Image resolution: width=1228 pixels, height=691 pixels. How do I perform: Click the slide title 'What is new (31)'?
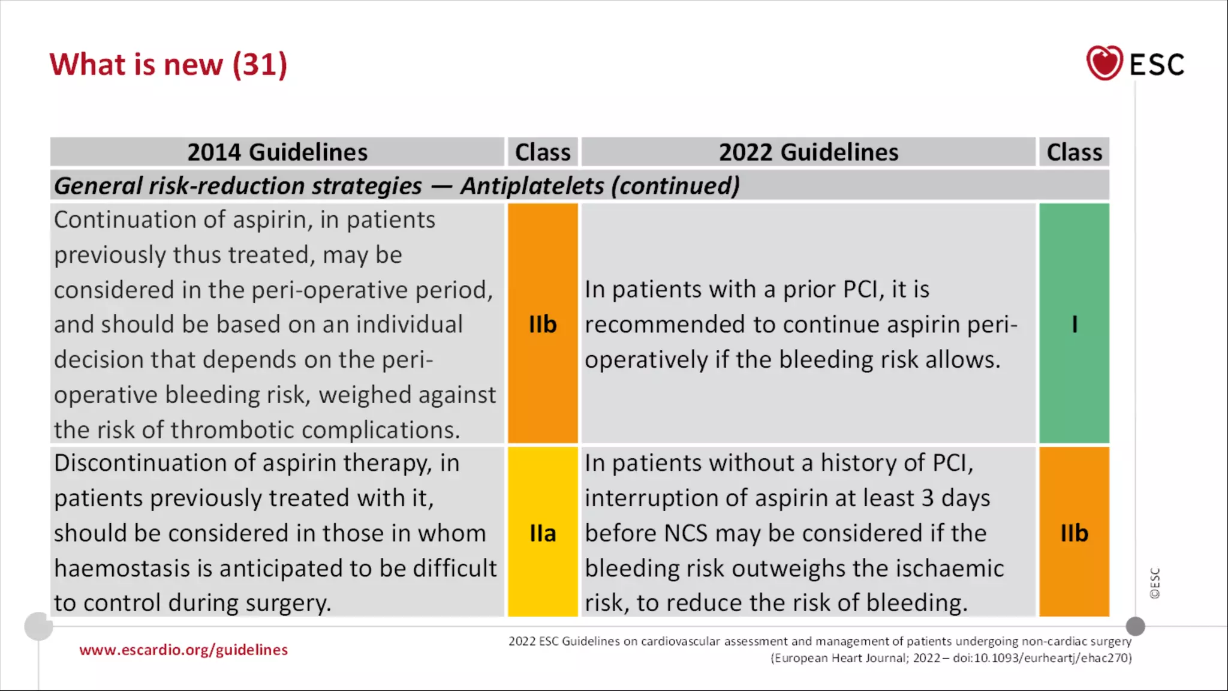tap(168, 65)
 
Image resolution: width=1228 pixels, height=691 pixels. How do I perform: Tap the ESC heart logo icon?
tap(1104, 63)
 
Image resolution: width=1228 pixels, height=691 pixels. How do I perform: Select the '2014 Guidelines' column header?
tap(277, 152)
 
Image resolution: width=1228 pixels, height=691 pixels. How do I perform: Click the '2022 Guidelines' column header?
tap(808, 152)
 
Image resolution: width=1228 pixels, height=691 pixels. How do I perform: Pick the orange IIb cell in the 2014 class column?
tap(543, 324)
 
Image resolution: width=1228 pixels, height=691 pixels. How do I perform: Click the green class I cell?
tap(1074, 324)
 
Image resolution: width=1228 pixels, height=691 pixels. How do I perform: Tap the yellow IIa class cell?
tap(543, 533)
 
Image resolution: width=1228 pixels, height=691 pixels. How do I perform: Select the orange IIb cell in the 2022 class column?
tap(1074, 533)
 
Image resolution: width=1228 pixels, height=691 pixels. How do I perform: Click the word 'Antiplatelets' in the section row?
tap(532, 186)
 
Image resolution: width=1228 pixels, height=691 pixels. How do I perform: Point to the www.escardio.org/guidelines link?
tap(183, 650)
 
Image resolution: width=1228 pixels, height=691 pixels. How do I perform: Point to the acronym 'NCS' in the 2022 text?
tap(685, 533)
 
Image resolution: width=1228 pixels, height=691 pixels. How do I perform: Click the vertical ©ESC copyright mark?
tap(1155, 583)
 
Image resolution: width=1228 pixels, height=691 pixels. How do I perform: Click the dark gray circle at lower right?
tap(1135, 626)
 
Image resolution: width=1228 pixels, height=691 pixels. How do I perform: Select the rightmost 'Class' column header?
tap(1074, 152)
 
